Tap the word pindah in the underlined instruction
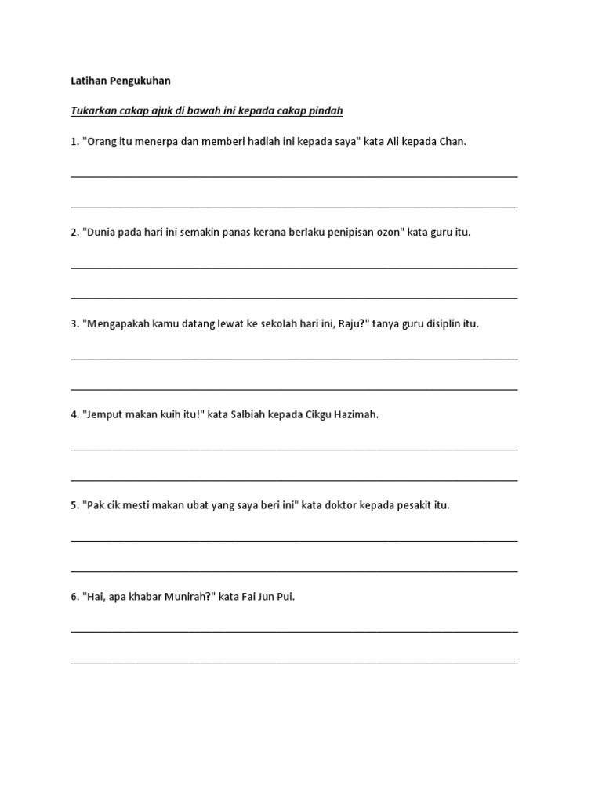(327, 111)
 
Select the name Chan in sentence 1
(452, 142)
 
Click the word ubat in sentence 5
(187, 505)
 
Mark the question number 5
(74, 505)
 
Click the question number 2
(74, 233)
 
